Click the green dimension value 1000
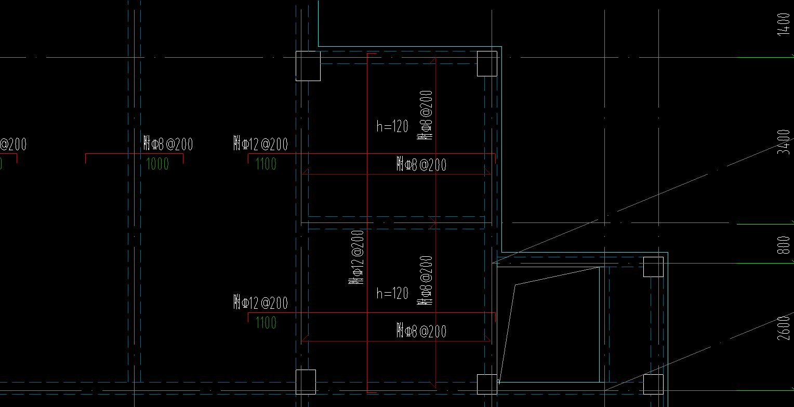coord(158,164)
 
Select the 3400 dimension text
coord(783,142)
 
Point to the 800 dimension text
coord(783,244)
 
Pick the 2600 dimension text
coord(783,328)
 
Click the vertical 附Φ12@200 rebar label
coord(356,257)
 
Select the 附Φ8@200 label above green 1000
coord(168,143)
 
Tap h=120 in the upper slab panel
coord(392,126)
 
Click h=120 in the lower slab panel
coord(392,294)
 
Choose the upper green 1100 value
coord(266,165)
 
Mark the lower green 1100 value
coord(266,323)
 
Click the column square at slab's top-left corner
coord(308,66)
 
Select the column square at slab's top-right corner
coord(487,63)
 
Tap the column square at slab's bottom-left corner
coord(306,382)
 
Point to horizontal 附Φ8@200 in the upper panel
coord(421,165)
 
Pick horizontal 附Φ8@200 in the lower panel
coord(421,331)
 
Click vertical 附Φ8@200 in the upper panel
coord(426,115)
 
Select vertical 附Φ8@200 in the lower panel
coord(426,281)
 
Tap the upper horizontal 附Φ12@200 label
coord(261,143)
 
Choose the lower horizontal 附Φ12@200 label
coord(261,302)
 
